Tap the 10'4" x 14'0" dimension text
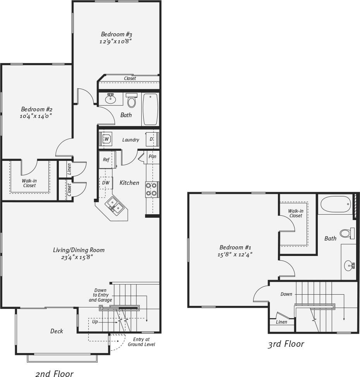coord(36,116)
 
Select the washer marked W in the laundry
coord(106,139)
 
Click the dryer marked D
coord(151,139)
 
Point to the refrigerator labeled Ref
coord(106,160)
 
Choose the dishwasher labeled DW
coord(106,183)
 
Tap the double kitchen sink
coord(115,205)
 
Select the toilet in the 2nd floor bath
coord(132,101)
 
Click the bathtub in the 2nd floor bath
coord(150,109)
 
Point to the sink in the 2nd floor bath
coord(111,99)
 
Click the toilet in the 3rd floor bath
coord(347,233)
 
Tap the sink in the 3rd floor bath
coord(349,265)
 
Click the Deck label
coord(57,331)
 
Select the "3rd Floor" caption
coord(286,344)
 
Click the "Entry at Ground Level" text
coord(141,342)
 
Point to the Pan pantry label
coord(153,157)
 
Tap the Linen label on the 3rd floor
coord(281,322)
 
